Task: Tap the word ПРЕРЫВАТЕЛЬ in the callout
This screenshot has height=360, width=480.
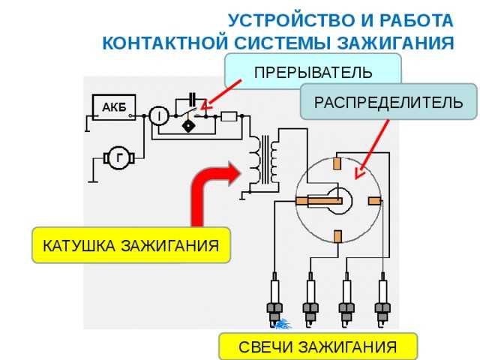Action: coord(313,73)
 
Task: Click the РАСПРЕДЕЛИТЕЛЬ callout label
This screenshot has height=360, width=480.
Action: coord(388,102)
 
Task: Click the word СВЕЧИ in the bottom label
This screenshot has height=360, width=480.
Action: coord(265,347)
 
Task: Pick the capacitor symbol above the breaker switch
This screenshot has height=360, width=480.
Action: coord(193,99)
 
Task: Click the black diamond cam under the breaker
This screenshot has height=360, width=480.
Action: coord(188,126)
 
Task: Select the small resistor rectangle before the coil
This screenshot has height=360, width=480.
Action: coord(229,116)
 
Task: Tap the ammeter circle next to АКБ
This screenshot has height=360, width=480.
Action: coord(159,115)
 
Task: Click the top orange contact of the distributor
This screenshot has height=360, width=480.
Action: coord(337,163)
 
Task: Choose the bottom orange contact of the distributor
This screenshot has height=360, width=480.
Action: coord(337,236)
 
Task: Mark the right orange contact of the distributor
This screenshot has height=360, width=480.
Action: coord(374,201)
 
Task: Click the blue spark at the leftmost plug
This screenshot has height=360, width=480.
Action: coord(282,324)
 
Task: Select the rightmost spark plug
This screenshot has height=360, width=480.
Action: coord(382,300)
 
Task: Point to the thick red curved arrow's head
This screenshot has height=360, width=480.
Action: coord(234,174)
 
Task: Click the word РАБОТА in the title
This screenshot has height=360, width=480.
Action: coord(416,20)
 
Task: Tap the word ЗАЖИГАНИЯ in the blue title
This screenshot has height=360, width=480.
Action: coord(395,43)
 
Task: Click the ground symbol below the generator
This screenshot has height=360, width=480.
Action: coord(93,181)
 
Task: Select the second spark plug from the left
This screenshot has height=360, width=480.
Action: coord(310,300)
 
